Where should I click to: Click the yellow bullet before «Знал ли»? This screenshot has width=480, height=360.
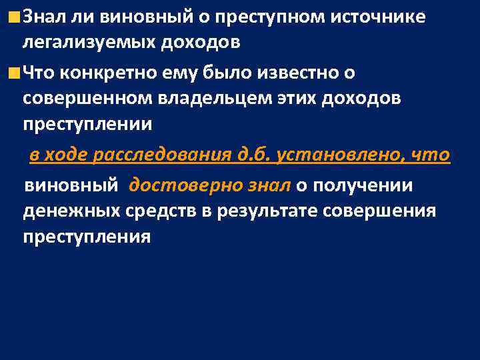click(14, 16)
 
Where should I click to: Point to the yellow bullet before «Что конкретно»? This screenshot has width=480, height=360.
click(14, 71)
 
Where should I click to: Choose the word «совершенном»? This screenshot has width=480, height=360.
click(78, 97)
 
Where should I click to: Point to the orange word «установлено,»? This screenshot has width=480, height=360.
click(342, 156)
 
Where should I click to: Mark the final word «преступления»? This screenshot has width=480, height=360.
click(87, 238)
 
